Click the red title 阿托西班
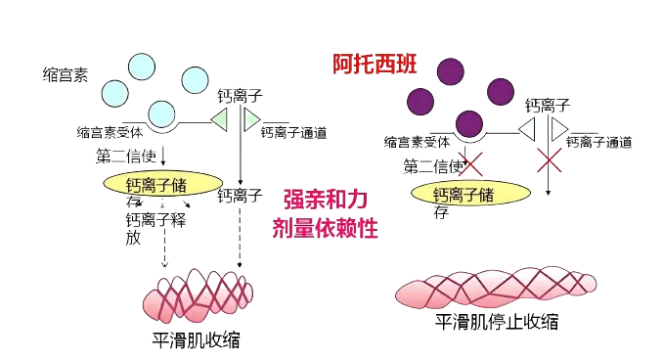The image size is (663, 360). (375, 65)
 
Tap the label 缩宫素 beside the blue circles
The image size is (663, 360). (66, 75)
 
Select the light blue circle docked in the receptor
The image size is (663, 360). (161, 113)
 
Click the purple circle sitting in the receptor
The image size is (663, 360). (469, 124)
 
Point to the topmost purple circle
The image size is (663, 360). (451, 72)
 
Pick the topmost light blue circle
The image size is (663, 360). (142, 67)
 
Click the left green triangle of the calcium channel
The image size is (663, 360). (219, 119)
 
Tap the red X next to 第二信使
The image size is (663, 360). (470, 163)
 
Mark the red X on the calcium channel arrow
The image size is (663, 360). (549, 160)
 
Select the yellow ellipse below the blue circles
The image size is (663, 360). (162, 183)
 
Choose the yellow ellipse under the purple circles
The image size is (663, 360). (470, 194)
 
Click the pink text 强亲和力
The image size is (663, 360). (326, 200)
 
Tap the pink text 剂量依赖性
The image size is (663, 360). (326, 229)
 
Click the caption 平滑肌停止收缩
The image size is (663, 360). (497, 322)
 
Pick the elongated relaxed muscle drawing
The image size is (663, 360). (496, 288)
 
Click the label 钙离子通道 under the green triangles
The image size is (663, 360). (294, 133)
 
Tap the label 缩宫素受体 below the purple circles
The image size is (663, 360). (417, 142)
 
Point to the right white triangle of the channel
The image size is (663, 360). (559, 128)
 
